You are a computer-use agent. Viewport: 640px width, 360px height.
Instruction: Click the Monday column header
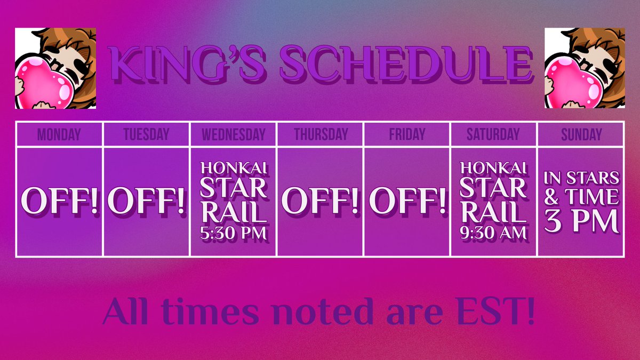(59, 134)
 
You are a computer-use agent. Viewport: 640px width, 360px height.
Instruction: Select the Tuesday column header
(146, 134)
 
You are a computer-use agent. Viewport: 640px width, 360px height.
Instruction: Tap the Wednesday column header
(233, 134)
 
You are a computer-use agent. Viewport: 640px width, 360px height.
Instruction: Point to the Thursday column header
(320, 134)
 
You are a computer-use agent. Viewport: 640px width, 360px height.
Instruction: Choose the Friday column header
(406, 134)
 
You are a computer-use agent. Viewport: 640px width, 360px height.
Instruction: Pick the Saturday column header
(493, 134)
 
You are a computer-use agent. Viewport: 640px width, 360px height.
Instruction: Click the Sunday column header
(581, 134)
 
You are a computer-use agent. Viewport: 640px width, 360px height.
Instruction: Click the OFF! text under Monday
(59, 201)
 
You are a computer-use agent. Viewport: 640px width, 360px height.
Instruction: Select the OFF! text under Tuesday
(146, 201)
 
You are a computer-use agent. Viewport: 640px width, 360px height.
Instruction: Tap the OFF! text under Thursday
(320, 201)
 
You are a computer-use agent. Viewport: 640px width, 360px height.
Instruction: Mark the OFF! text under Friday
(407, 201)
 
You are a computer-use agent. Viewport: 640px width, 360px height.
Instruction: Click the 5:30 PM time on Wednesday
(233, 233)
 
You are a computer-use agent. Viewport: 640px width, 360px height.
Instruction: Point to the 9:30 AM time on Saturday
(494, 233)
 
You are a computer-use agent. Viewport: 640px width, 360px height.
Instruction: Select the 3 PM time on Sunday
(581, 221)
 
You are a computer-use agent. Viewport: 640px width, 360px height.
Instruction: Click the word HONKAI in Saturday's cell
(494, 167)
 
